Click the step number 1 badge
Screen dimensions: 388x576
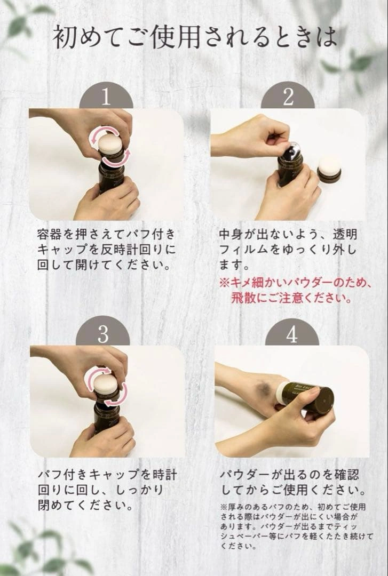pos(106,96)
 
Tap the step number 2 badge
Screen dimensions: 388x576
pos(288,96)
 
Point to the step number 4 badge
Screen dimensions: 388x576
pos(292,333)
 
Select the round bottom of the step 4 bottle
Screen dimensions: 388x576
pos(325,401)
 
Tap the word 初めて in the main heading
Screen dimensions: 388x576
pos(89,37)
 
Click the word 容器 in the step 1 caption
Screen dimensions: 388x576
pos(50,234)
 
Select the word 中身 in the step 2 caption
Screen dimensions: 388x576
pos(231,234)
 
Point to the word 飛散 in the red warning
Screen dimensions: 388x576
pos(243,298)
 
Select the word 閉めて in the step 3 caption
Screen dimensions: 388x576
pos(57,506)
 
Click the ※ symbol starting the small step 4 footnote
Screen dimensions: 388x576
pos(224,507)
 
